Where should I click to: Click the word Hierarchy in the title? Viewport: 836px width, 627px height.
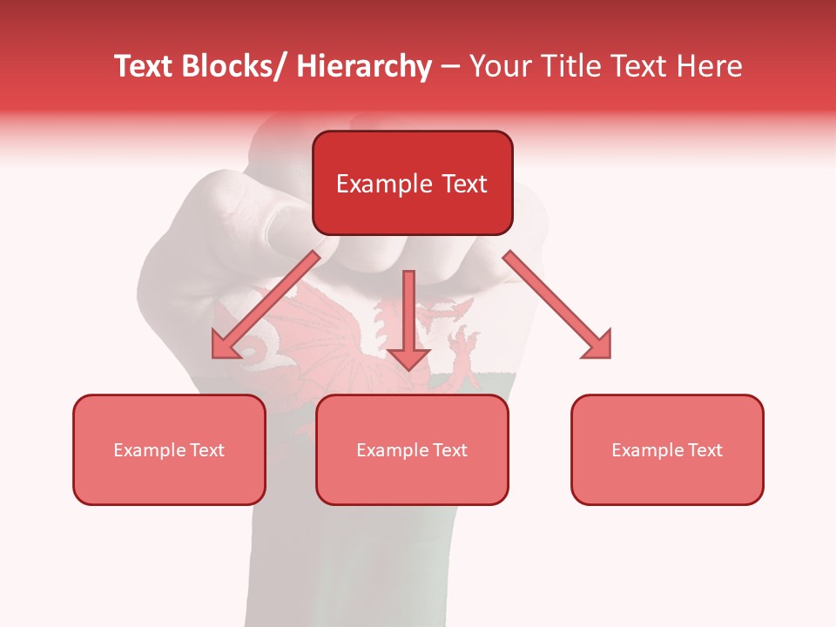pyautogui.click(x=364, y=66)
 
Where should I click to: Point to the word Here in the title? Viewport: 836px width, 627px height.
pyautogui.click(x=708, y=66)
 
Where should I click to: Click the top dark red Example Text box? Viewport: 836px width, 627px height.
pyautogui.click(x=412, y=184)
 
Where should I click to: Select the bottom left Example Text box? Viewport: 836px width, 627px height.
pyautogui.click(x=169, y=450)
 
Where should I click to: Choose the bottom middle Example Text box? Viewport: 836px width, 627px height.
pyautogui.click(x=412, y=450)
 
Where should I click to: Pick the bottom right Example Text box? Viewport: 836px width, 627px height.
pyautogui.click(x=667, y=450)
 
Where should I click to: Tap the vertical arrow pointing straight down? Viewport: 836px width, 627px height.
pyautogui.click(x=408, y=318)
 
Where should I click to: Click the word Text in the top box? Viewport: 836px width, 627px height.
pyautogui.click(x=463, y=184)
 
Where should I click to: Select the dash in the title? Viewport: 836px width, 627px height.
pyautogui.click(x=450, y=66)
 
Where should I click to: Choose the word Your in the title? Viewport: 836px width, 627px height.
pyautogui.click(x=498, y=66)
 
